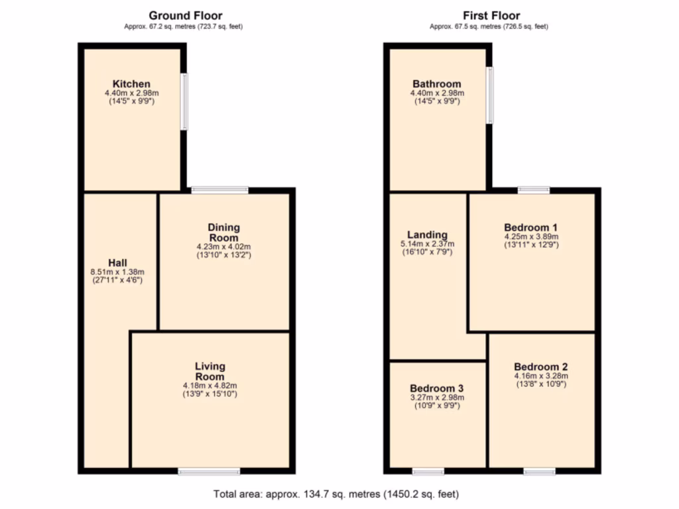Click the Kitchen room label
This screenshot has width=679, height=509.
pyautogui.click(x=131, y=84)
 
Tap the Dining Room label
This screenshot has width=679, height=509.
pyautogui.click(x=224, y=233)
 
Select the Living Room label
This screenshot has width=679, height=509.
pyautogui.click(x=210, y=371)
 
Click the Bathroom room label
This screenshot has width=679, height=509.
pyautogui.click(x=436, y=84)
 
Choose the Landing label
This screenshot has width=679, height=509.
pyautogui.click(x=427, y=235)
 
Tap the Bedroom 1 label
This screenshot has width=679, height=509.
pyautogui.click(x=530, y=227)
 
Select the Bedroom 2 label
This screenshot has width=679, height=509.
pyautogui.click(x=540, y=367)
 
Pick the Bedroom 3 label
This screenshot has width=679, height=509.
pyautogui.click(x=436, y=388)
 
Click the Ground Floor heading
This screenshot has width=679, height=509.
pyautogui.click(x=186, y=15)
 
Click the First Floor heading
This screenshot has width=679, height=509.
pyautogui.click(x=491, y=15)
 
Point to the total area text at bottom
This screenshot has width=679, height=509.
pyautogui.click(x=336, y=494)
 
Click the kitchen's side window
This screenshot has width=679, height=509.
pyautogui.click(x=185, y=101)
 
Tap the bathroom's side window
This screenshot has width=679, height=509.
pyautogui.click(x=490, y=95)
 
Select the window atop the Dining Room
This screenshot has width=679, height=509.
pyautogui.click(x=219, y=190)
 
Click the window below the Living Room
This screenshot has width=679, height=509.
pyautogui.click(x=209, y=472)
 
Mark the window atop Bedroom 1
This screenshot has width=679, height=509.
pyautogui.click(x=534, y=190)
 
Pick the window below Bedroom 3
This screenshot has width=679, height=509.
pyautogui.click(x=428, y=472)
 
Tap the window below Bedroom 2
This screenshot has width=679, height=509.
pyautogui.click(x=539, y=472)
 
